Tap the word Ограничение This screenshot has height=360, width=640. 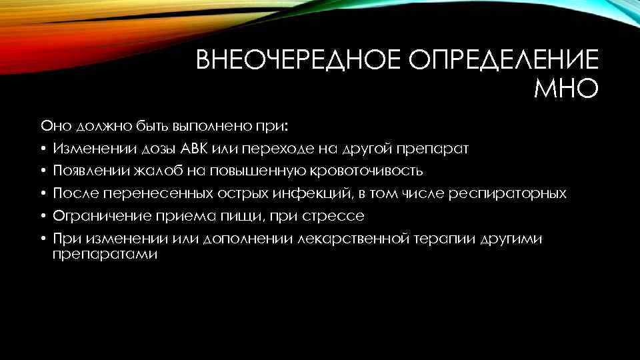click(97, 216)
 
